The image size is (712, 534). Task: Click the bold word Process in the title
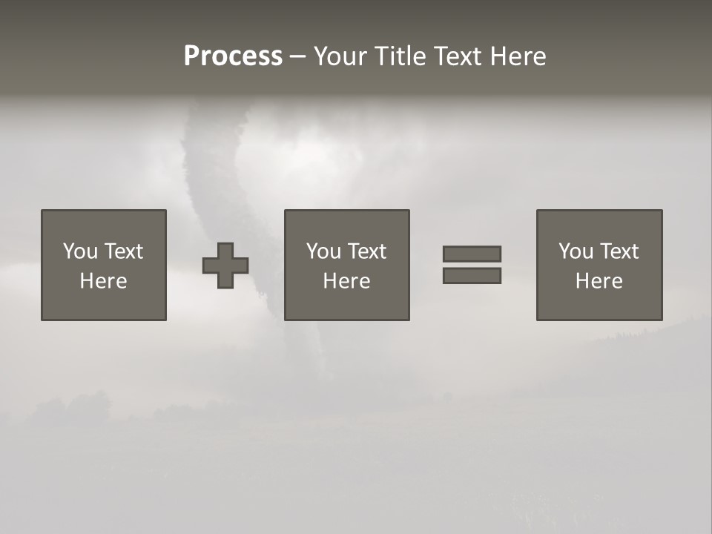coord(233,56)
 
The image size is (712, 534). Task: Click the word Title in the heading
coord(402,56)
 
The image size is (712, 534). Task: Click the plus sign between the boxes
coord(225,266)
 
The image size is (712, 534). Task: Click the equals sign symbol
coord(472,265)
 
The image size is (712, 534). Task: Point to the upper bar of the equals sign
coord(472,254)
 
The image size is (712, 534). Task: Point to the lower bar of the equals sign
coord(472,276)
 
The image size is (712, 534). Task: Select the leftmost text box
coord(103,265)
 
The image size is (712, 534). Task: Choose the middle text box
coord(346,265)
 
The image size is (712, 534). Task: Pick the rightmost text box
coord(599,265)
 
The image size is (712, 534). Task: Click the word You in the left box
coord(80,251)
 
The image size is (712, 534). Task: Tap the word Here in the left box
coord(103,281)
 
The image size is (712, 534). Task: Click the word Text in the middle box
coord(367,251)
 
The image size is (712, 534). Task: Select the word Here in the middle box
coord(346,281)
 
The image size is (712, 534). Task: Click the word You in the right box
coord(576,251)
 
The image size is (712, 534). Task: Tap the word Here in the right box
coord(599,281)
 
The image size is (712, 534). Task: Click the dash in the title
coord(297,57)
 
